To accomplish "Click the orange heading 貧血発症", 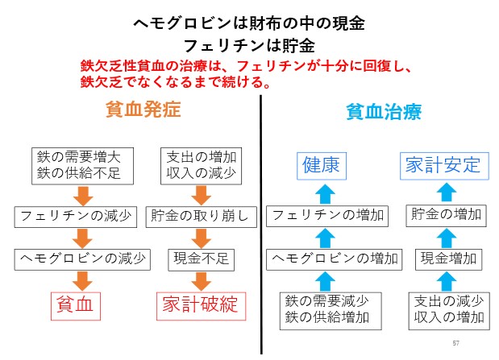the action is point(143,109).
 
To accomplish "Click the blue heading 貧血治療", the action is point(384,111).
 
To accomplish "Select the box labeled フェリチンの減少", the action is point(76,217).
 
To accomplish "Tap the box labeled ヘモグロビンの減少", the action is point(82,259).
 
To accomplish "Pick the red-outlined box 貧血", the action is point(76,306).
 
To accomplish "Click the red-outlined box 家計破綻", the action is point(201,306).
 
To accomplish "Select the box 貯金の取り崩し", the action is point(201,217).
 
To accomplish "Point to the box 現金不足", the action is point(201,259).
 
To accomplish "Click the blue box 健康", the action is point(322,166).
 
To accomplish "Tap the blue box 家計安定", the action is point(444,166).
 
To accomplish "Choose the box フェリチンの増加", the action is point(327,216).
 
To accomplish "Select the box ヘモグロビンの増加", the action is point(335,259).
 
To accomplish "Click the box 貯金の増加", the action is point(446,216).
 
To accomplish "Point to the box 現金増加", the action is point(449,259).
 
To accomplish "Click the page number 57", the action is point(455,343).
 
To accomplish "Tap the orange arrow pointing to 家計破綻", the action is point(201,281).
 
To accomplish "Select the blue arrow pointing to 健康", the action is point(325,193).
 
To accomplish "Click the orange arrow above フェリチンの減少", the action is point(83,196).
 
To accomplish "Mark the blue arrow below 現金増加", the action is point(447,281).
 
